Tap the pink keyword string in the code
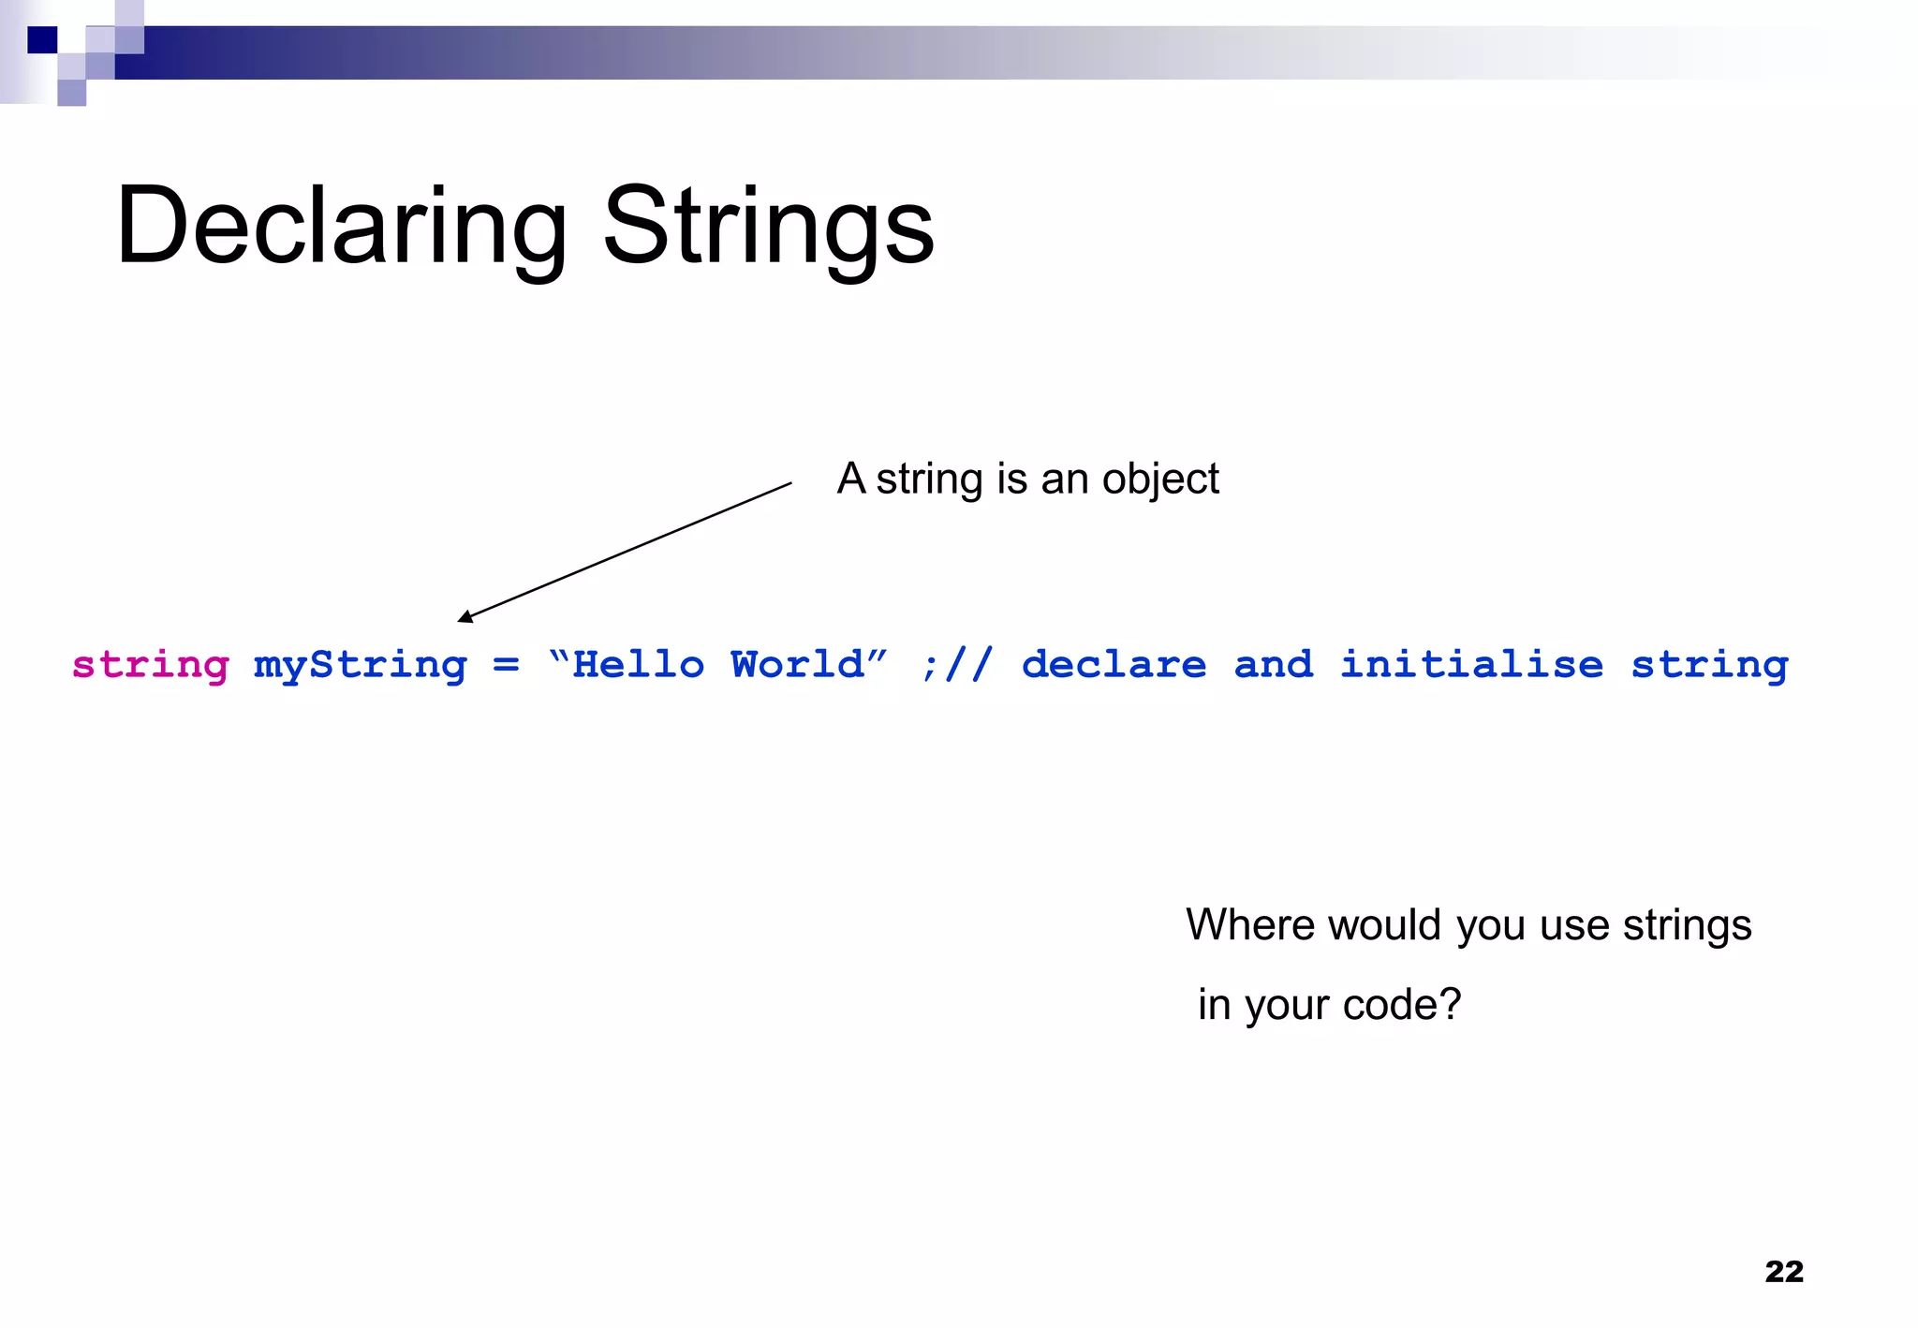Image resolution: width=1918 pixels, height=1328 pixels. coord(151,666)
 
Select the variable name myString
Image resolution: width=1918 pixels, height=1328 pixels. coord(360,666)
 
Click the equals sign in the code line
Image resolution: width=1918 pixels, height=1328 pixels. coord(506,665)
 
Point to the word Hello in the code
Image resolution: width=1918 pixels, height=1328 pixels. coord(638,665)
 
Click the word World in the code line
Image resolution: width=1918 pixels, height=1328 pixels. coord(797,665)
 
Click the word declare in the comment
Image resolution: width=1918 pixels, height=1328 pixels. coord(1114,665)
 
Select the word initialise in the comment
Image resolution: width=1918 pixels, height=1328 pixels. coord(1471,665)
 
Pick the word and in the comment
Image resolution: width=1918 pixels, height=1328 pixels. coord(1273,665)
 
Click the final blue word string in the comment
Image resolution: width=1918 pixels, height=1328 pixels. coord(1709,666)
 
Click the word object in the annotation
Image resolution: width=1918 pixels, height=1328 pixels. coord(1160,480)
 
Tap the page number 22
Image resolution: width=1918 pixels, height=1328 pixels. coord(1783,1271)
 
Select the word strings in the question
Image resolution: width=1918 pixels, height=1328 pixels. coord(1687,925)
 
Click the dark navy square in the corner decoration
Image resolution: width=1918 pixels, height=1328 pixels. coord(42,40)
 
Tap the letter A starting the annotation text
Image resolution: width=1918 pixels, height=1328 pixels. coord(851,479)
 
